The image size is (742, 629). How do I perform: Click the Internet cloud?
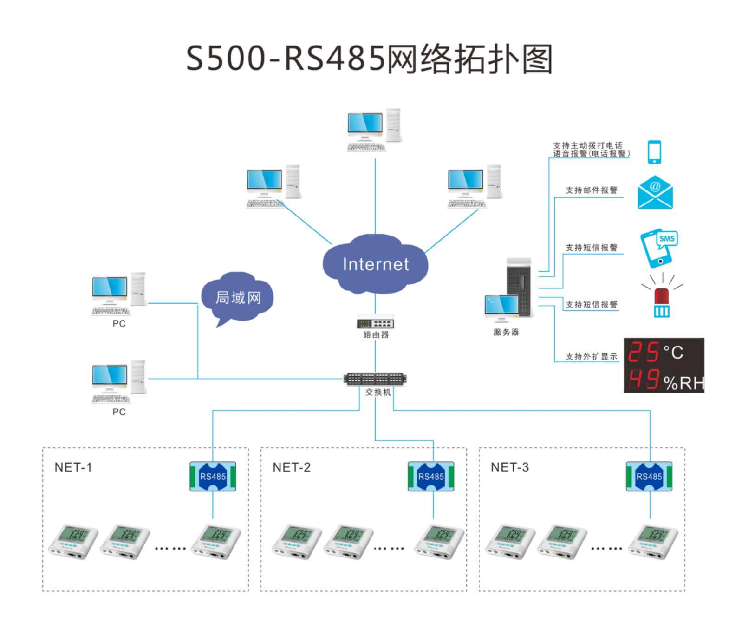(x=375, y=264)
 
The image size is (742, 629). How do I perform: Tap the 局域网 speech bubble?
(x=238, y=297)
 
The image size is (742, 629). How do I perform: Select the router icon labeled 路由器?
(x=375, y=321)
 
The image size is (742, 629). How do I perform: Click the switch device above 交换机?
(x=375, y=379)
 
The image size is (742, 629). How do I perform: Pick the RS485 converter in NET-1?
(x=213, y=476)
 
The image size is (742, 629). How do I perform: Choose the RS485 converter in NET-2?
(x=431, y=476)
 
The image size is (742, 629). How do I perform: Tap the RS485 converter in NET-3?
(x=649, y=476)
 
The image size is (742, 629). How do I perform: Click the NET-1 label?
(x=73, y=467)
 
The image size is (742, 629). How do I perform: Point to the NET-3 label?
(x=510, y=467)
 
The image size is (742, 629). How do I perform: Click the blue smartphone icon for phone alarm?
(x=654, y=152)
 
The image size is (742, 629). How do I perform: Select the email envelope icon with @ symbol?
(x=655, y=192)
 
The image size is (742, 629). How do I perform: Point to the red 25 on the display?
(x=643, y=352)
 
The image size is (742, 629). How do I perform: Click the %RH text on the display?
(x=683, y=383)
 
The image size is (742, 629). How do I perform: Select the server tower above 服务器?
(x=519, y=288)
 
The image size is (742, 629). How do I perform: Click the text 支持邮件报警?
(x=592, y=190)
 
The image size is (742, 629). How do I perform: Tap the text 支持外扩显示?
(x=592, y=356)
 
